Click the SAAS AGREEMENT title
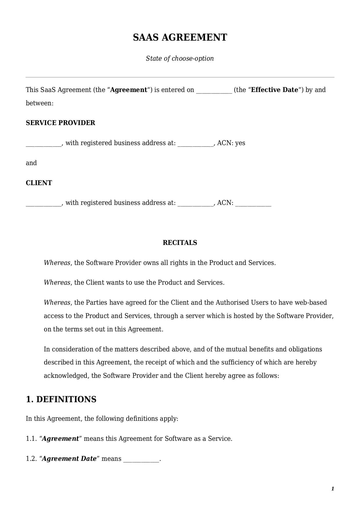coord(180,37)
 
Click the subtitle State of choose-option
coord(180,58)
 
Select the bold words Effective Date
coord(274,90)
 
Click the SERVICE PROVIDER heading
coord(60,123)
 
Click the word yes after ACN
coord(240,143)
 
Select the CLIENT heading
coord(39,183)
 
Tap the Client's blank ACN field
coord(253,203)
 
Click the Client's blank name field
coord(44,203)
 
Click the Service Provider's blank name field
coord(44,144)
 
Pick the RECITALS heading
coord(180,243)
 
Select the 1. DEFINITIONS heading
coord(61,399)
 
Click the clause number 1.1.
coord(31,438)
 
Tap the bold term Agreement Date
coord(69,459)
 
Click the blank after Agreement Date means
coord(141,459)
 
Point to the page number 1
coord(333,489)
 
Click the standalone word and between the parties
coord(31,163)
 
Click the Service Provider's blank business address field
coord(195,144)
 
